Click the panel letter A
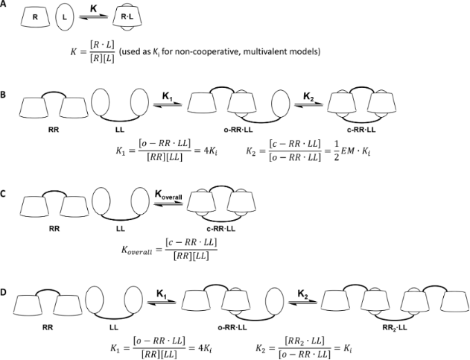(3, 4)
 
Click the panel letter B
(3, 95)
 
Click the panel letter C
(3, 194)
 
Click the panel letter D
(3, 292)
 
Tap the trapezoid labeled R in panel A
(35, 17)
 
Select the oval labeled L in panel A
(65, 17)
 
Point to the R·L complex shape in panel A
(127, 17)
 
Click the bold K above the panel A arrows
(94, 8)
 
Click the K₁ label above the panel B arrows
(168, 96)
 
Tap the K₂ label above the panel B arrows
(308, 96)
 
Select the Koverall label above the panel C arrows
(168, 195)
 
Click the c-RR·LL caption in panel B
(362, 130)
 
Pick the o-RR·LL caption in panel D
(232, 328)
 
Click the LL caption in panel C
(121, 229)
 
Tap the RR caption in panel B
(54, 130)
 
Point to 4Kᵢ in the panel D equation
(206, 348)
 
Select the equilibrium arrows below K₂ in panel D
(302, 303)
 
